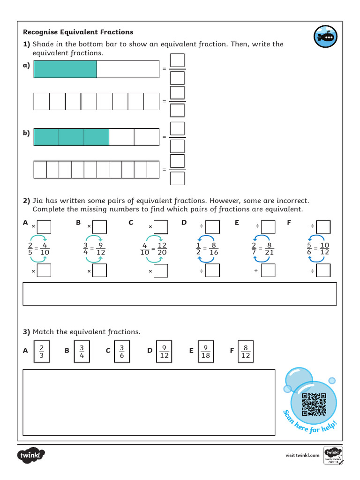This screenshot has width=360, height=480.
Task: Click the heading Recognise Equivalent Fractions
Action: [78, 32]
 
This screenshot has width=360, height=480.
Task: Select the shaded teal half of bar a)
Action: [65, 69]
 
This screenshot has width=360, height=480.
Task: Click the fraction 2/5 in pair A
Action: [30, 248]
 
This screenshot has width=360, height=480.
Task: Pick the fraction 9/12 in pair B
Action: [100, 248]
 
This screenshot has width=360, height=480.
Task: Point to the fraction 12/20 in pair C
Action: [162, 248]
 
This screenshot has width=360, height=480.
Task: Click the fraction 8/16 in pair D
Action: [213, 248]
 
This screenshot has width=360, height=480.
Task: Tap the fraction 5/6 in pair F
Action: [309, 248]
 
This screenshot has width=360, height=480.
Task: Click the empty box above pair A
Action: [44, 227]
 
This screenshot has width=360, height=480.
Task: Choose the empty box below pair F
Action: [323, 270]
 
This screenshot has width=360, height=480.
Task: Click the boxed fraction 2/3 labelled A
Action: [41, 352]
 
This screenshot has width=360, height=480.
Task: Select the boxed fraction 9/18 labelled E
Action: [205, 352]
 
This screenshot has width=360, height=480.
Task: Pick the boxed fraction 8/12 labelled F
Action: [246, 352]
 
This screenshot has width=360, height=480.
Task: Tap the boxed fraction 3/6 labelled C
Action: [121, 352]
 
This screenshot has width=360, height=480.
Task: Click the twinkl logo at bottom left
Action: [31, 455]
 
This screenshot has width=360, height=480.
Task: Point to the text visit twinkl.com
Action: [302, 455]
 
